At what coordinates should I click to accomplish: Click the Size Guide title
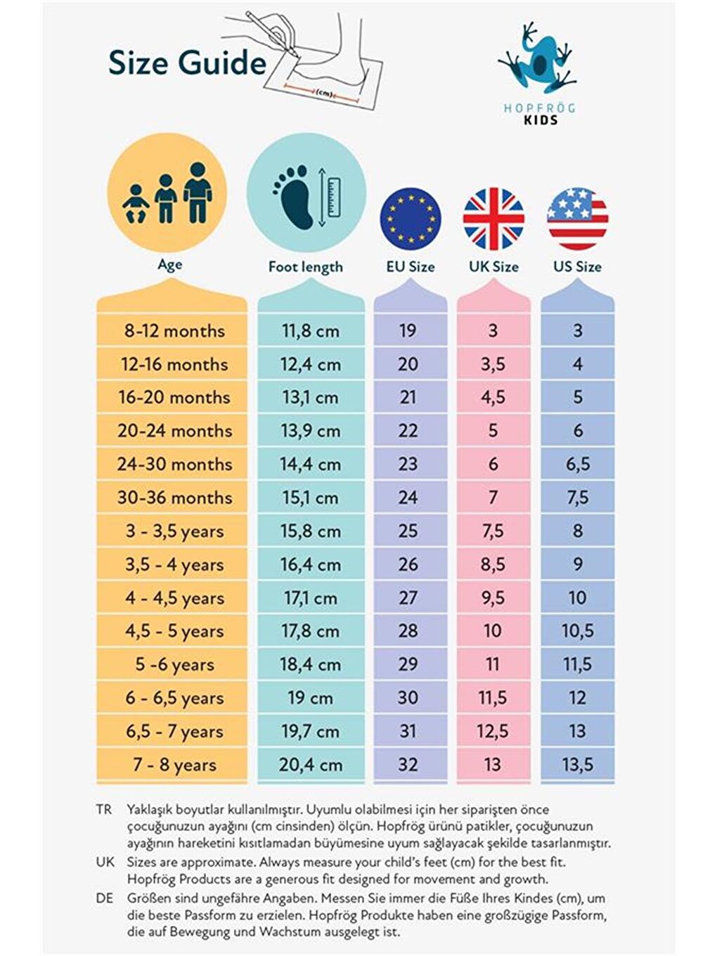click(x=187, y=63)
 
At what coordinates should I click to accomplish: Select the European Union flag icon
click(x=411, y=218)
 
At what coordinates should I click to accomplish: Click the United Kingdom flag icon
click(x=493, y=218)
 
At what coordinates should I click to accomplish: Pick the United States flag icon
click(x=577, y=218)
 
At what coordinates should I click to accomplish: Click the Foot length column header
click(x=306, y=267)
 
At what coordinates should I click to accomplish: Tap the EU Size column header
click(x=411, y=267)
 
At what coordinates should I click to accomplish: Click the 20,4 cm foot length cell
click(x=310, y=765)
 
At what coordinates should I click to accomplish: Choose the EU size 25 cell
click(x=408, y=531)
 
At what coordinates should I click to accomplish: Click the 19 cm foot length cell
click(x=310, y=698)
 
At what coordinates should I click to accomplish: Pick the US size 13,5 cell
click(x=577, y=765)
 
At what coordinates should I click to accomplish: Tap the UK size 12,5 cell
click(x=492, y=732)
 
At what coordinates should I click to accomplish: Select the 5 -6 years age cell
click(x=174, y=665)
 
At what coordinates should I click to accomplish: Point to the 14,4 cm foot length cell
click(x=310, y=465)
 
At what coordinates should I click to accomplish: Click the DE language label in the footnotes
click(x=105, y=898)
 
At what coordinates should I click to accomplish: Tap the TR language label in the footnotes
click(x=104, y=810)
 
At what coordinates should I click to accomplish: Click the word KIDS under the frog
click(x=541, y=120)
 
